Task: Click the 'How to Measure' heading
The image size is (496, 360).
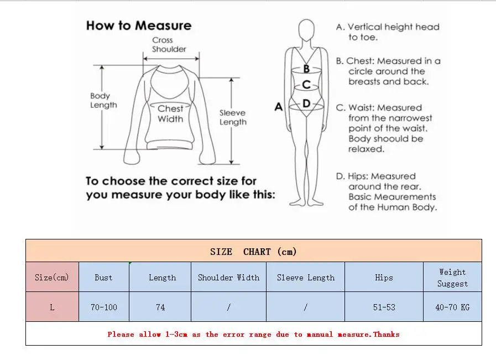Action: [138, 25]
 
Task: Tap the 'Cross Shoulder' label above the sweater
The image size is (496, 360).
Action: [169, 45]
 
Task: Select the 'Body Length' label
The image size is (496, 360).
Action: [103, 100]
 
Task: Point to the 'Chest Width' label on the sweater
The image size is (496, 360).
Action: [170, 114]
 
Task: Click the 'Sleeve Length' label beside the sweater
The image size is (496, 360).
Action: [232, 117]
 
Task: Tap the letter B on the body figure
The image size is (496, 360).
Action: [306, 70]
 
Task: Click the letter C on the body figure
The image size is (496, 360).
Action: [306, 85]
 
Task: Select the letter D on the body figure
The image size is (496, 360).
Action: [306, 103]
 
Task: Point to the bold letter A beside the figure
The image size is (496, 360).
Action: [279, 107]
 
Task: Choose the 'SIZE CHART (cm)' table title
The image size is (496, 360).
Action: [253, 252]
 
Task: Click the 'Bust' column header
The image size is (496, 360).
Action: [103, 278]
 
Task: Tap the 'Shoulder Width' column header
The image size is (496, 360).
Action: [228, 278]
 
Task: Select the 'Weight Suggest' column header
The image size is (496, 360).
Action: [452, 278]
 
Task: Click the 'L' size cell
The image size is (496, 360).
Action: [52, 307]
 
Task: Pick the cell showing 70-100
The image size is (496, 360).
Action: [103, 307]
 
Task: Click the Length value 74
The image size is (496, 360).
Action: [160, 307]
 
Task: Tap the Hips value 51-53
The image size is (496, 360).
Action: [384, 307]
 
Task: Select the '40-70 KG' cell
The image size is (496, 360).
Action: [452, 307]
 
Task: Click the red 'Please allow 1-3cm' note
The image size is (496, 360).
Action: [253, 334]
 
